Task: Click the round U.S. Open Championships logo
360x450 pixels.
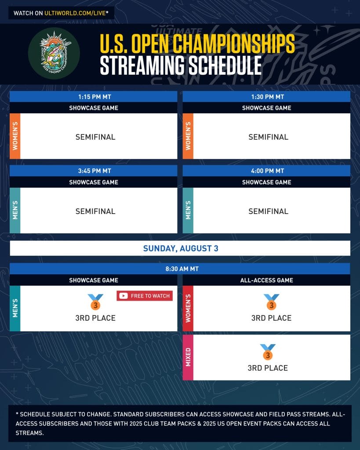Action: coord(54,53)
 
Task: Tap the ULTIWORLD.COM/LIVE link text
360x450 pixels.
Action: coord(75,13)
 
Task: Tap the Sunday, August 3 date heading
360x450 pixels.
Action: coord(181,248)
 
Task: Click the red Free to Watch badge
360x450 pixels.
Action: coord(145,296)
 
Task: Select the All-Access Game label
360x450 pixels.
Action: coord(266,280)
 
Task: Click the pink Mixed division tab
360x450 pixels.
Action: coord(188,357)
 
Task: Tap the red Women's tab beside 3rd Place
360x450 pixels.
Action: coord(188,308)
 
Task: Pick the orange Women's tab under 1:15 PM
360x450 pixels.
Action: coord(15,136)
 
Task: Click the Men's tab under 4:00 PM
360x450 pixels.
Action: coord(188,210)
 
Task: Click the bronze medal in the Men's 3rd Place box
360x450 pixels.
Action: coord(95,302)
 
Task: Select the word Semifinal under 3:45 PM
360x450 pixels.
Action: coord(95,211)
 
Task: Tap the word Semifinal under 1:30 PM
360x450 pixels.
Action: coord(269,137)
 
